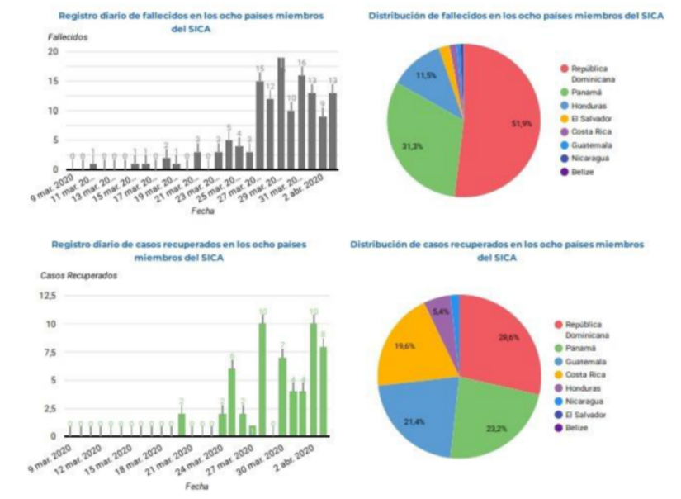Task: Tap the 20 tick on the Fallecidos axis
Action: click(x=53, y=51)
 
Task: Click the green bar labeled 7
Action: click(x=282, y=397)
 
